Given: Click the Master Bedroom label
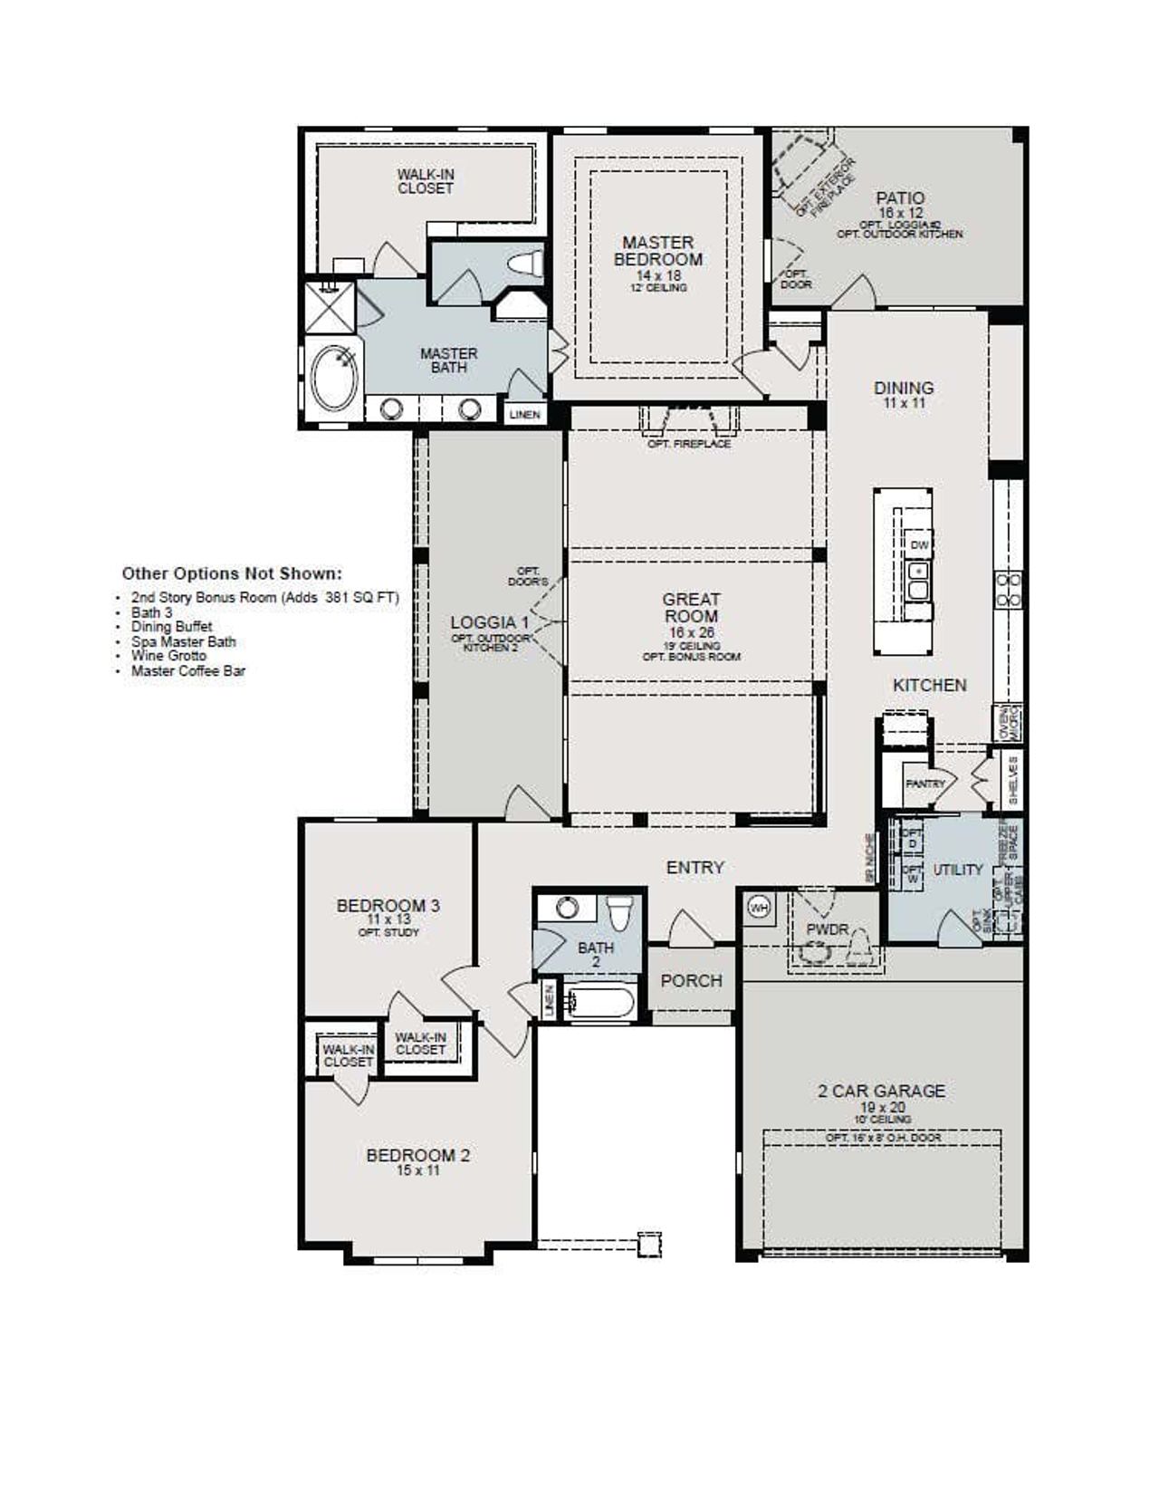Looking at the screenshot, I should click(658, 251).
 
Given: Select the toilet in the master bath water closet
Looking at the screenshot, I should click(526, 264).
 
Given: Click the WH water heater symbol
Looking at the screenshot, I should click(759, 907).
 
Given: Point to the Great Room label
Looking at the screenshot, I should click(691, 608).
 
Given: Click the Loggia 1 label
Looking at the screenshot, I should click(490, 622).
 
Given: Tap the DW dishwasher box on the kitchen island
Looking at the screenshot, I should click(919, 545).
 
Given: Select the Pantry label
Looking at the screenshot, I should click(924, 784).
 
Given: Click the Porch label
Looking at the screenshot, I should click(691, 981).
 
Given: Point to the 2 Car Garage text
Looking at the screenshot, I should click(881, 1091).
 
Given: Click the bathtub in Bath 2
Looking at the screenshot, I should click(598, 1003).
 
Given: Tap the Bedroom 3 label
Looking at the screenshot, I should click(388, 905).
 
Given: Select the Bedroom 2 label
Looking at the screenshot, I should click(417, 1155).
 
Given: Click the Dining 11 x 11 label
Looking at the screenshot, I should click(904, 393).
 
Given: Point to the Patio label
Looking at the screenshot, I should click(900, 197).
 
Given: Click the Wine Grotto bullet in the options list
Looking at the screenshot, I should click(168, 656).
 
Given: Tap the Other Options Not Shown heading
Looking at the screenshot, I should click(232, 573).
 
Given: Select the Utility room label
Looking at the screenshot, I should click(957, 870).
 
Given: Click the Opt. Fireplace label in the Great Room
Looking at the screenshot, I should click(689, 444).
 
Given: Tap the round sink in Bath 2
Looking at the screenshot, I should click(567, 908).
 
